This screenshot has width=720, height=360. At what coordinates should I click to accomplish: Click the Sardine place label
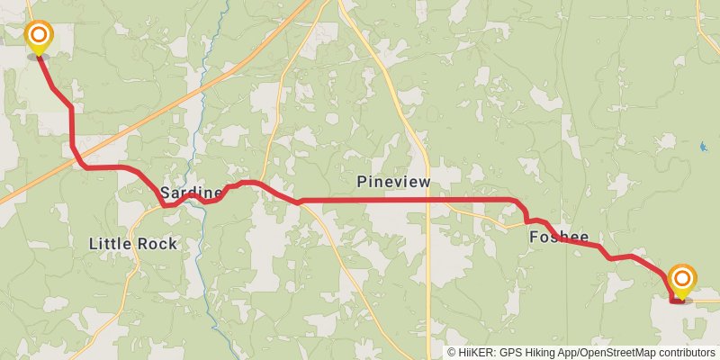[191, 193]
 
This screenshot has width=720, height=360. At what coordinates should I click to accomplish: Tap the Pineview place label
[393, 182]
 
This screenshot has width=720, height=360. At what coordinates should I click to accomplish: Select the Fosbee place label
[559, 238]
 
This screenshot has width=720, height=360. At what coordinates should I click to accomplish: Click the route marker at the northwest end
[39, 37]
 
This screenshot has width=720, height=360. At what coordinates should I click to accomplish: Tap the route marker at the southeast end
[682, 280]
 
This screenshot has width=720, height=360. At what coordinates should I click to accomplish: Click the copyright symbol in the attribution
[453, 353]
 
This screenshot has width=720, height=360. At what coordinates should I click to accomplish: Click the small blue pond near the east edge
[702, 146]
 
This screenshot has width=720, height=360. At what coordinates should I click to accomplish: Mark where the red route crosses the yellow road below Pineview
[428, 199]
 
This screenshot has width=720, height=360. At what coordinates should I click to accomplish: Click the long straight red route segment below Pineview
[378, 199]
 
